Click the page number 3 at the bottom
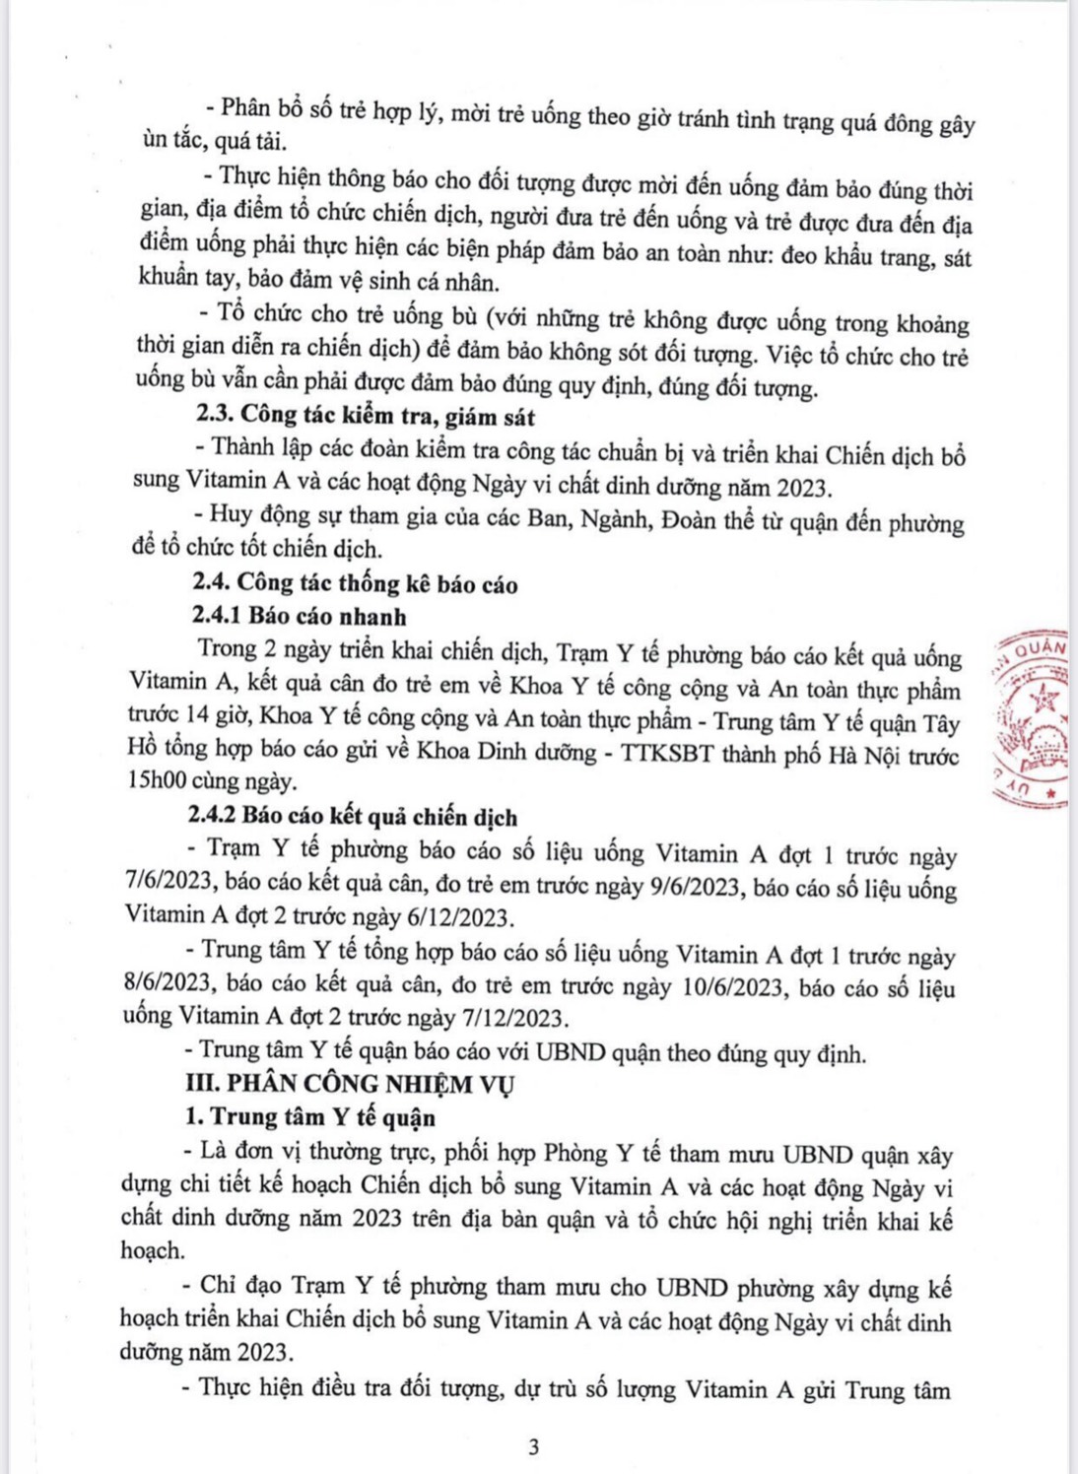tap(534, 1446)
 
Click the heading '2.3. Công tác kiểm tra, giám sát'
tap(366, 416)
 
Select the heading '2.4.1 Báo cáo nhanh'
tap(300, 617)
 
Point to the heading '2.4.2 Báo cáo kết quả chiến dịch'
tap(353, 817)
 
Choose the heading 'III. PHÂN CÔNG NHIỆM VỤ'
tap(351, 1084)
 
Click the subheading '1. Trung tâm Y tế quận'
tap(310, 1117)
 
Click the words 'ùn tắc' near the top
tap(171, 141)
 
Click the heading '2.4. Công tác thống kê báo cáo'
tap(356, 584)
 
